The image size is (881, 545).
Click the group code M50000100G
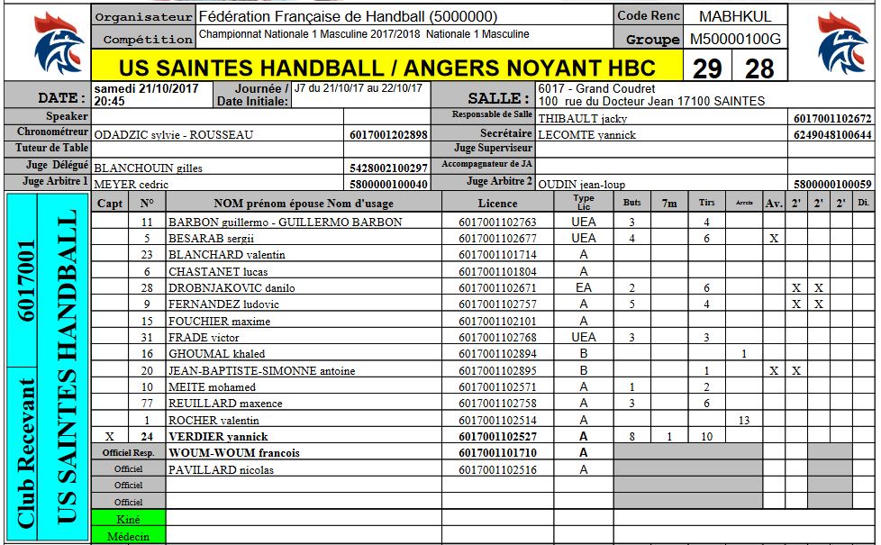pyautogui.click(x=736, y=39)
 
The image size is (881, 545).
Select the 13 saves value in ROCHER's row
pyautogui.click(x=743, y=421)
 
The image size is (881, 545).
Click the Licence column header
pyautogui.click(x=497, y=204)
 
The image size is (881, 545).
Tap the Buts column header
pyautogui.click(x=632, y=204)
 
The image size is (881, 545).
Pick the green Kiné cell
pyautogui.click(x=129, y=519)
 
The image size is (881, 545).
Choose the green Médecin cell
pyautogui.click(x=129, y=536)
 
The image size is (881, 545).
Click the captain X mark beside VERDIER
pyautogui.click(x=110, y=437)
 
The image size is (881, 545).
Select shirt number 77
pyautogui.click(x=147, y=404)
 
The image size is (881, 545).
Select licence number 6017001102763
pyautogui.click(x=497, y=223)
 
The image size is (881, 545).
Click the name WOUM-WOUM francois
pyautogui.click(x=234, y=453)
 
